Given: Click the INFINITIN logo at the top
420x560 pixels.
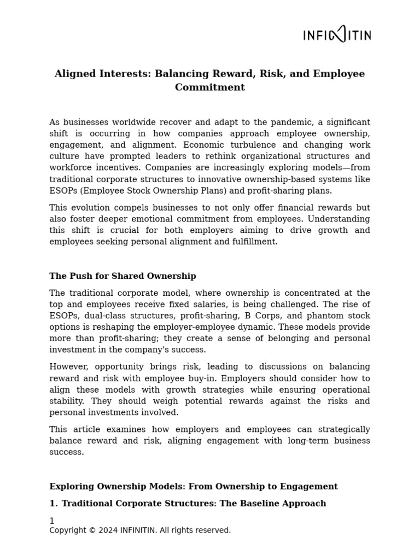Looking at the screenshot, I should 337,36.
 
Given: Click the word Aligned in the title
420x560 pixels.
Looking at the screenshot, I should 73,74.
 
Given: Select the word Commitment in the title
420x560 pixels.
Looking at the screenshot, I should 209,87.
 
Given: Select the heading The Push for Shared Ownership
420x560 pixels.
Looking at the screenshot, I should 122,276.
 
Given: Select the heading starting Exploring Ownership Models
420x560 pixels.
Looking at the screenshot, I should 193,487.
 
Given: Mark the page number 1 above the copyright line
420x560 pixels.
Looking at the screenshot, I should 52,521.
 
